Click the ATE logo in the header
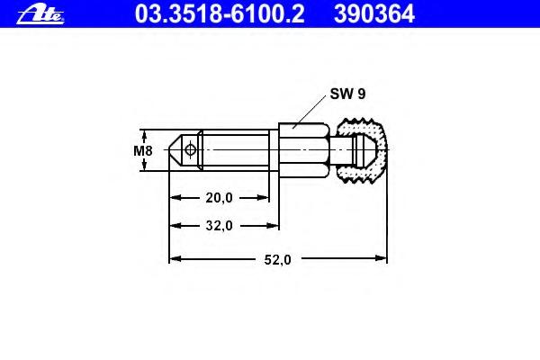click(40, 15)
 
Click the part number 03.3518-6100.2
click(220, 13)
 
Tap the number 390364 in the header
click(374, 13)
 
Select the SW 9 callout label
click(347, 94)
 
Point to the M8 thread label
click(142, 150)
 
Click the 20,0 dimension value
click(219, 198)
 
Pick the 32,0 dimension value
click(219, 226)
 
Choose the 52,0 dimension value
click(277, 259)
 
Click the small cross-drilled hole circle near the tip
click(190, 149)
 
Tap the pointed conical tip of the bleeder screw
click(175, 150)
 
